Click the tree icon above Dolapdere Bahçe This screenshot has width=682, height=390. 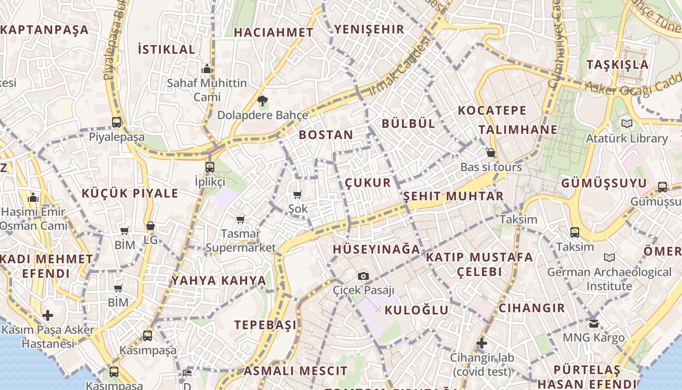pos(263,101)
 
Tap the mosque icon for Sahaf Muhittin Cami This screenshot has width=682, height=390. pos(207,68)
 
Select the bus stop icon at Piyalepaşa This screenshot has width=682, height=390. pos(116,122)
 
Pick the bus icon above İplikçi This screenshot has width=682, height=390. pos(210,167)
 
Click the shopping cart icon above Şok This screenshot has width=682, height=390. pos(297,195)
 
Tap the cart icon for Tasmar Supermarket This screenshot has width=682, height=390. pos(240,219)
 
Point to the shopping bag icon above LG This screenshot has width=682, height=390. pos(151,226)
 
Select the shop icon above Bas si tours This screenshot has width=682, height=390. pos(491,153)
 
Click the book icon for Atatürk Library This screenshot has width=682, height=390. pos(626,123)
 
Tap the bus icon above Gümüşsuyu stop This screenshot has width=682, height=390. pos(663,186)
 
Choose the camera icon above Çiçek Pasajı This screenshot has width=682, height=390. pos(363,276)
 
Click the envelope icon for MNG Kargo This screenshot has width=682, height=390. pos(593,323)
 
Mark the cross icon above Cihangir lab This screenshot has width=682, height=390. pos(482,343)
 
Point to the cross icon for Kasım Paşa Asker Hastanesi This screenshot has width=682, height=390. pos(48,315)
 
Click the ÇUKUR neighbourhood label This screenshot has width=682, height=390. pos(368,183)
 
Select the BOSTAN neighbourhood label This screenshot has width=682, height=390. pos(326,135)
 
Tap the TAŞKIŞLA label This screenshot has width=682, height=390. pos(618,65)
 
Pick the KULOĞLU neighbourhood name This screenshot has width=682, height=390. pos(417,310)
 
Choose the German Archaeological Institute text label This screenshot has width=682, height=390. pos(609,279)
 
